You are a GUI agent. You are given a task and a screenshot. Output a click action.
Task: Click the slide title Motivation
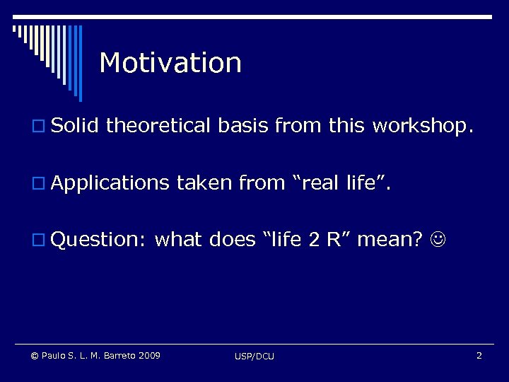point(170,63)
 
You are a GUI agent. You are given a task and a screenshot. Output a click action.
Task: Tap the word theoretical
point(158,126)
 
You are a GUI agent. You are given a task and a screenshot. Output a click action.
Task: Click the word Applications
point(110,184)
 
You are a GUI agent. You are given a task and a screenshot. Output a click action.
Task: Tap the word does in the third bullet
point(233,241)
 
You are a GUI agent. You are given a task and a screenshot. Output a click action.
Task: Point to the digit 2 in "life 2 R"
point(314,241)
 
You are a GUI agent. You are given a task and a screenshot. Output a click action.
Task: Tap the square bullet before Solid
point(40,127)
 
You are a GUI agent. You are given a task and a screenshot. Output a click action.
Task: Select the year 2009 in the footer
point(149,355)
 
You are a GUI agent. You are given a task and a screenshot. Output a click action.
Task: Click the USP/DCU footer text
point(255,356)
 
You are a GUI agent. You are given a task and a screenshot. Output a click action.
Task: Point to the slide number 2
point(479,355)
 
